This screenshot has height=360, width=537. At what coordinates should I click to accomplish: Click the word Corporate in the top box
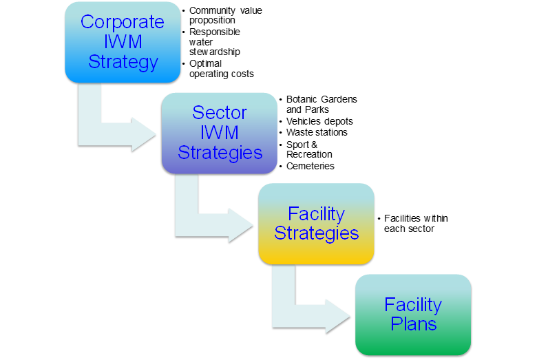point(123,22)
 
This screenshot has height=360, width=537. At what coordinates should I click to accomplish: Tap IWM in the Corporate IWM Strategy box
point(123,42)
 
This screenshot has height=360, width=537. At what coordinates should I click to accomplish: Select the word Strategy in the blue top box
point(123,62)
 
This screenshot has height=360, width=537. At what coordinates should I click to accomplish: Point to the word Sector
point(220,112)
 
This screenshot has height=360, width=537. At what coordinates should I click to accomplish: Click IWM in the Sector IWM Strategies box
point(220,132)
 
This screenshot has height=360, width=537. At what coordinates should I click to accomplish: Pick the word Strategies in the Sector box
point(220,152)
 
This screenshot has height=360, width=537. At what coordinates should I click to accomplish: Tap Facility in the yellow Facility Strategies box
point(316,213)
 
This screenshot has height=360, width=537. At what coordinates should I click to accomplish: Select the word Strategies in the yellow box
point(316,233)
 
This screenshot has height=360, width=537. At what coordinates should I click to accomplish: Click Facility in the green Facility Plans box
point(413,304)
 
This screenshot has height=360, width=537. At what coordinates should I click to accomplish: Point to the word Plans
point(413,324)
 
